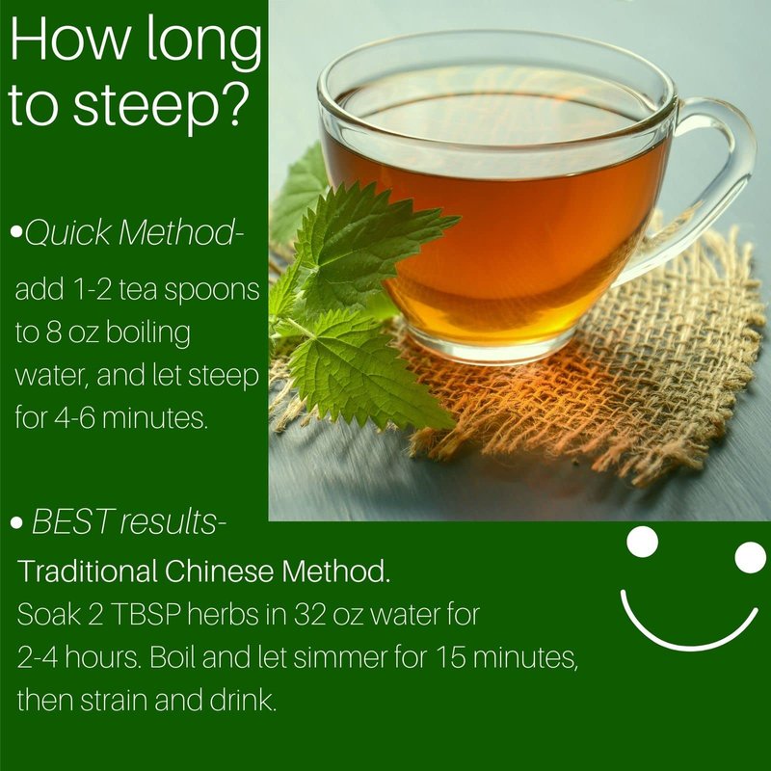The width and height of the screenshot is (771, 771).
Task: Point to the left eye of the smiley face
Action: (642, 542)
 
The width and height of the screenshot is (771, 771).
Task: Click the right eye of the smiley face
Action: (750, 557)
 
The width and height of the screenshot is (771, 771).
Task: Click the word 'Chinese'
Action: (219, 572)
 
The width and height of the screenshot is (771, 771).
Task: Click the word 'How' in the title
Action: (68, 40)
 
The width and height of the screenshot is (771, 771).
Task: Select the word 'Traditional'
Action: (88, 572)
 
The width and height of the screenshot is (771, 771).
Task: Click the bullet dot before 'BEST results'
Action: (16, 522)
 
